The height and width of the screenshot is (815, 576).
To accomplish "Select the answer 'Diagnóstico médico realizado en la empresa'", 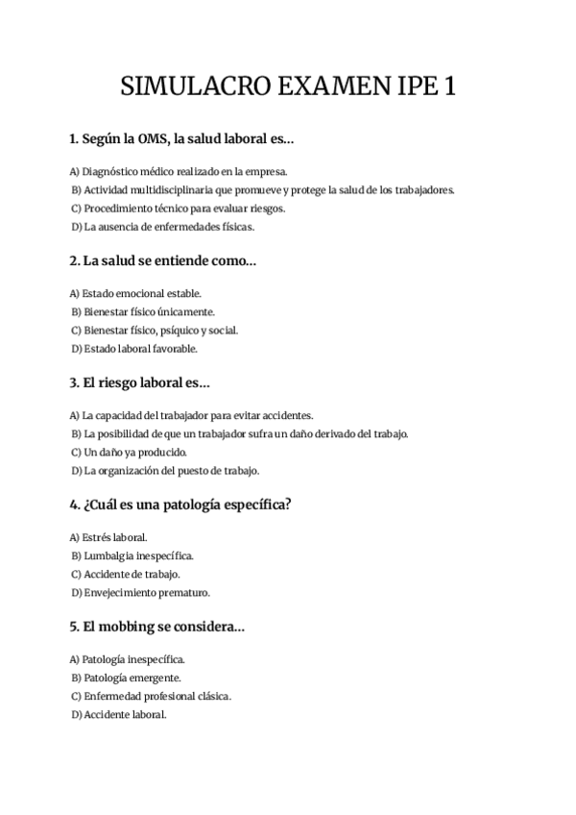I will coord(179,171).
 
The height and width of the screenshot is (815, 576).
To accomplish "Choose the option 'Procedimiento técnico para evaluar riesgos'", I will coord(184,209).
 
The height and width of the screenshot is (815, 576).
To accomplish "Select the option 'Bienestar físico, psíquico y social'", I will coord(160,331).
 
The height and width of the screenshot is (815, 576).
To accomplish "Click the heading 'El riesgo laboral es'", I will coord(146,383).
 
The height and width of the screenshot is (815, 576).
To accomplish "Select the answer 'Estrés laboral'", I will coord(114,537).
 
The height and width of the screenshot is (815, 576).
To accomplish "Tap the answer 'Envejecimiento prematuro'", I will coord(146,593).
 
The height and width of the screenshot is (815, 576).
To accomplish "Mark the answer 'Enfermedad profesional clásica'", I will coord(156,696).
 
